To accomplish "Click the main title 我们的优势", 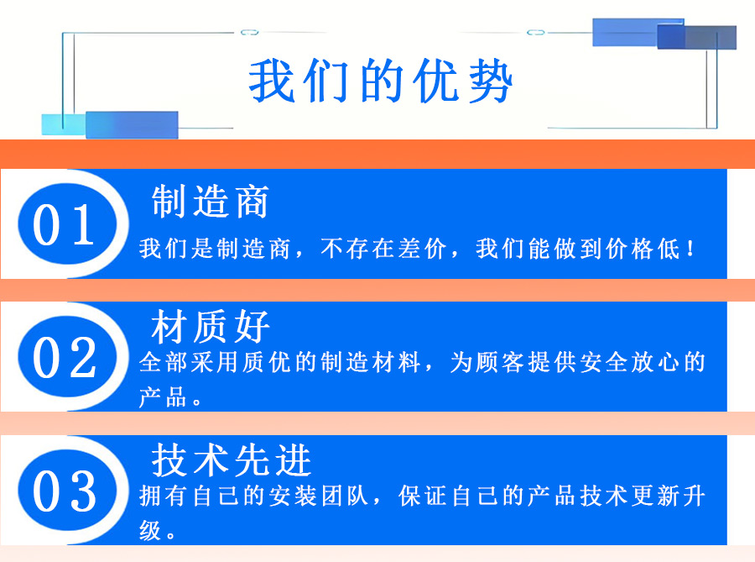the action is pos(380,81).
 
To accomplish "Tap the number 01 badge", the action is pos(67,224).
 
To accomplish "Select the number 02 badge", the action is pos(67,357).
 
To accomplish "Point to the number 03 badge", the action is pos(67,491).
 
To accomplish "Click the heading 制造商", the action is pos(210,202).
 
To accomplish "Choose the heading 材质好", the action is pos(210,326).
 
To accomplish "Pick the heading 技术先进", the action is pos(232,460).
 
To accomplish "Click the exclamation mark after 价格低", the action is pos(691,249).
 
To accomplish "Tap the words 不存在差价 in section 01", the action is pos(383,249).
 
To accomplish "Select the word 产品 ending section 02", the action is pos(164,397).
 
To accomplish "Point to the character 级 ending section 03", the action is pos(150,530).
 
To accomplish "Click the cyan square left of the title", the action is pos(64,124).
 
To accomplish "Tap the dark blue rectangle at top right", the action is pos(696,37).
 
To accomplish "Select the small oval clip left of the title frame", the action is pos(249,32).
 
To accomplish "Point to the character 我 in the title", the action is pos(271,81).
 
